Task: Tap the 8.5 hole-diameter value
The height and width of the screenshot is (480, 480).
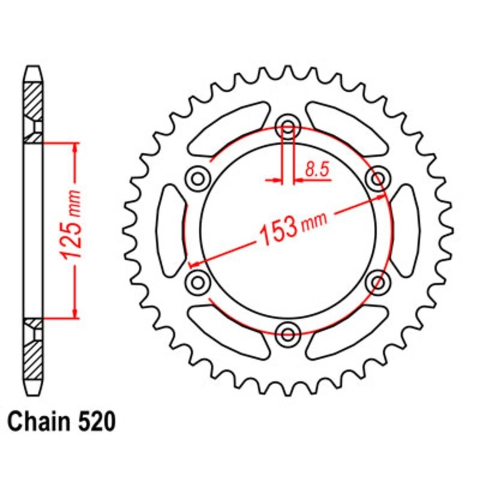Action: pos(316,170)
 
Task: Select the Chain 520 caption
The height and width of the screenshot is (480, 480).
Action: pos(62,421)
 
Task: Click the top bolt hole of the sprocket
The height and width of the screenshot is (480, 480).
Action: pos(287,124)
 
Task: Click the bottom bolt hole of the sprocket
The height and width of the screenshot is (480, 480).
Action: pos(287,333)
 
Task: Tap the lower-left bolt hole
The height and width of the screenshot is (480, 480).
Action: pos(196,281)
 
